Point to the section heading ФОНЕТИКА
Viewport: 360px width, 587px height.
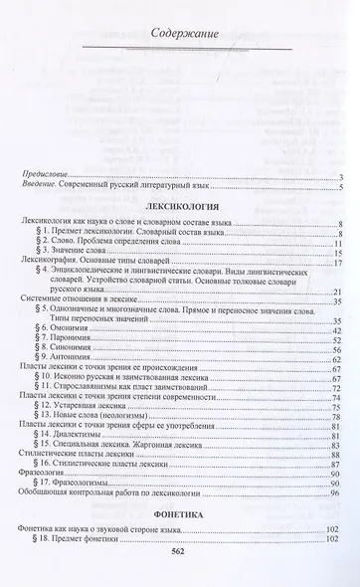pyautogui.click(x=180, y=519)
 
